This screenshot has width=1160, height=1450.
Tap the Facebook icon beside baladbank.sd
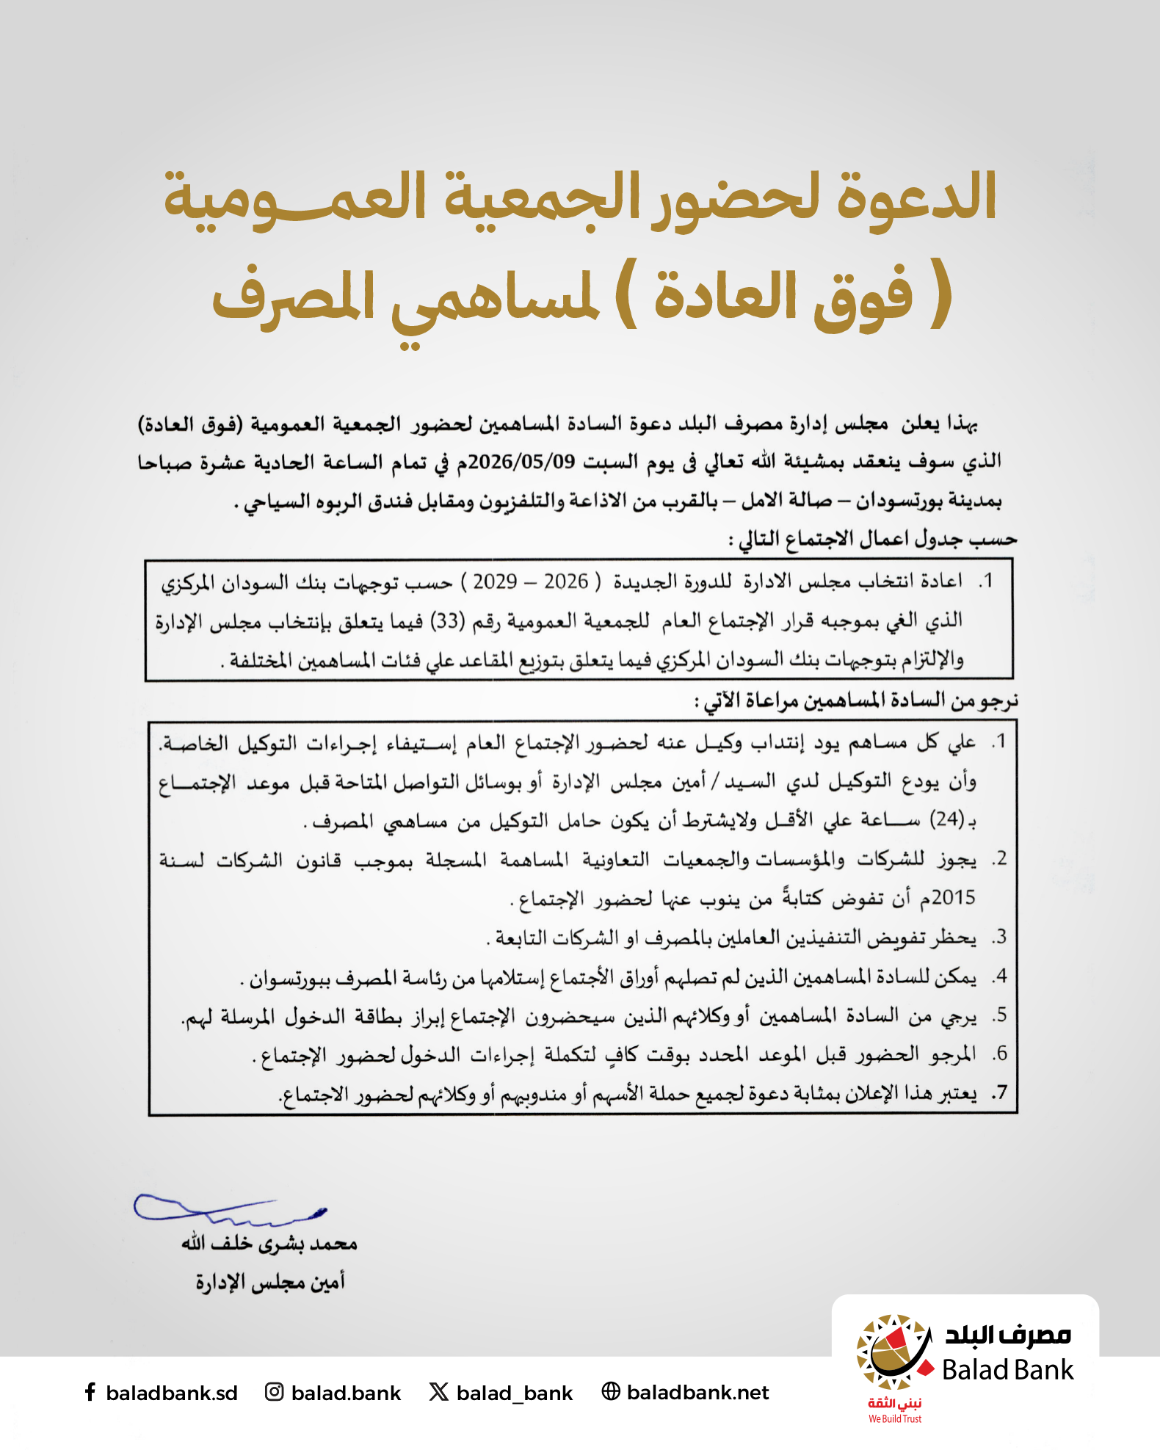(x=90, y=1392)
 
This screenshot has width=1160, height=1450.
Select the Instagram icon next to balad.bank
(x=274, y=1392)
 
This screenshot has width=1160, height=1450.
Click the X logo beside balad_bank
(x=438, y=1392)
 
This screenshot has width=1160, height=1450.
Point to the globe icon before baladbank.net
(x=610, y=1391)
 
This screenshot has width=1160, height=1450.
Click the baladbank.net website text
(x=697, y=1393)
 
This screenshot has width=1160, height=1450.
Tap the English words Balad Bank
(x=1007, y=1370)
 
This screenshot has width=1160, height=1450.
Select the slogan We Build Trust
(x=895, y=1419)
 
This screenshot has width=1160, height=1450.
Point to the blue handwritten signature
(x=228, y=1209)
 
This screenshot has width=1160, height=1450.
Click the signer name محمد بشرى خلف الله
(x=269, y=1244)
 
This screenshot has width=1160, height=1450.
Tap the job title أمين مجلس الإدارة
(x=269, y=1282)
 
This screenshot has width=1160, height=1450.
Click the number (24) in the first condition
(x=947, y=819)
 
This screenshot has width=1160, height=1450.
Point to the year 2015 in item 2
(x=954, y=897)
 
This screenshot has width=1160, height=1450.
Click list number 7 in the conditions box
(x=999, y=1093)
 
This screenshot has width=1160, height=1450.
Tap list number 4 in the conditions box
(x=999, y=976)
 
